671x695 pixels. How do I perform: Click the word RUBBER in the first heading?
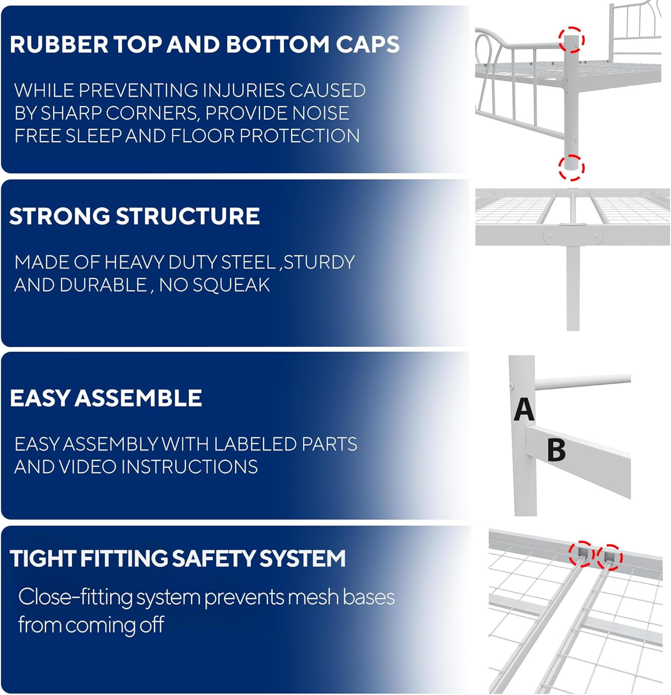[59, 44]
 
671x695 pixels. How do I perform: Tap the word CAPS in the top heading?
[368, 44]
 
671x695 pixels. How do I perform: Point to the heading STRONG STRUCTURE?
[134, 216]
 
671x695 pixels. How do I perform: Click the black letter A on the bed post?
[524, 409]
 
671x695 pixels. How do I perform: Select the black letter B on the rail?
[556, 450]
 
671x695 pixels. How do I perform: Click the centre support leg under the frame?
[573, 287]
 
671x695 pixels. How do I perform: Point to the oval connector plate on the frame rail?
[573, 235]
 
